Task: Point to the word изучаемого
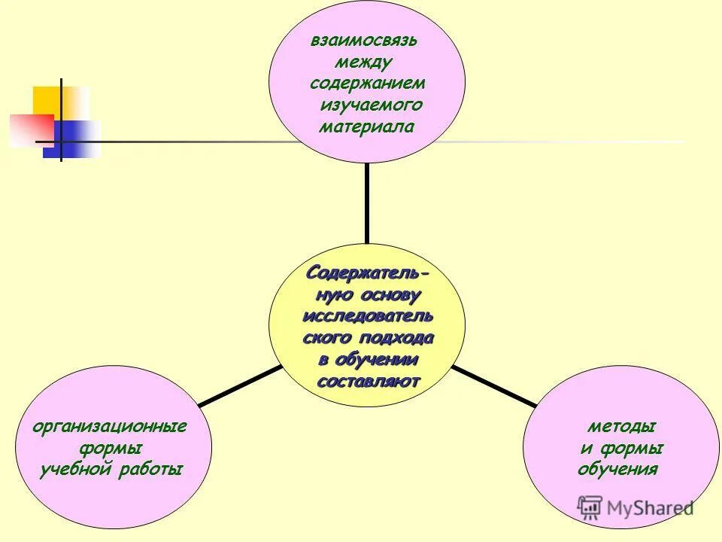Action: (x=371, y=105)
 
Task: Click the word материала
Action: (x=366, y=126)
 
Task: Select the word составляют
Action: (x=368, y=381)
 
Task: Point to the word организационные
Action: (x=110, y=427)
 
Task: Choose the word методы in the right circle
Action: (x=620, y=427)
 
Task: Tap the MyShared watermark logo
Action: (x=635, y=507)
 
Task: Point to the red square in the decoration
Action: (x=30, y=129)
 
